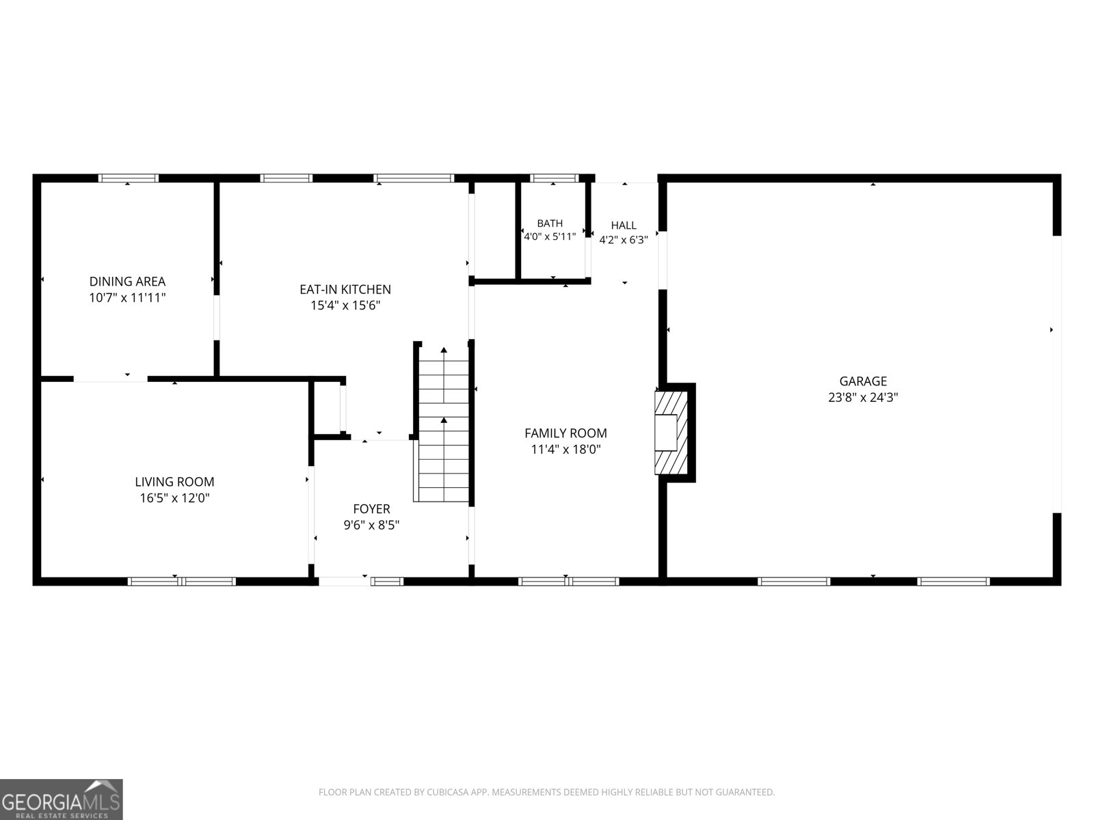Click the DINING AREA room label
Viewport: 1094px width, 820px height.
(127, 282)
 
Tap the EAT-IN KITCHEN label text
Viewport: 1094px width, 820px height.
(345, 289)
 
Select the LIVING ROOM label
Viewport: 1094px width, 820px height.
(174, 482)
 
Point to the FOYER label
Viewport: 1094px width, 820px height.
(371, 509)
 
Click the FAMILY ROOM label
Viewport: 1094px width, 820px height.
(565, 433)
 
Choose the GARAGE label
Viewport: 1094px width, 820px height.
(863, 381)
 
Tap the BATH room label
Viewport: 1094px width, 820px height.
(550, 223)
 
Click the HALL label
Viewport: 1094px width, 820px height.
(624, 225)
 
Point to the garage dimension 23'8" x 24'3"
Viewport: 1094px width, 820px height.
(863, 397)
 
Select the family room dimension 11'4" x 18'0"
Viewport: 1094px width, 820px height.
(565, 450)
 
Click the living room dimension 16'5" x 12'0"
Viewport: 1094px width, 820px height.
(174, 498)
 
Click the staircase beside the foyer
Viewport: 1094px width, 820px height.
(443, 424)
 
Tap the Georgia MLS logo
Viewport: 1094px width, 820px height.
(62, 799)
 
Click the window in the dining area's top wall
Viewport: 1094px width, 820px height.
(128, 178)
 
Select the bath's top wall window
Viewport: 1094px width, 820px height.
(555, 178)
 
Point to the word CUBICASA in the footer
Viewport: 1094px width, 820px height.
(448, 791)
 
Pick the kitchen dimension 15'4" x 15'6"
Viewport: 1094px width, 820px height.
(345, 305)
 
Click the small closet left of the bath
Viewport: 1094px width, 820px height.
(495, 230)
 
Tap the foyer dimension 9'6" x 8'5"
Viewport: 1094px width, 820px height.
(371, 525)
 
